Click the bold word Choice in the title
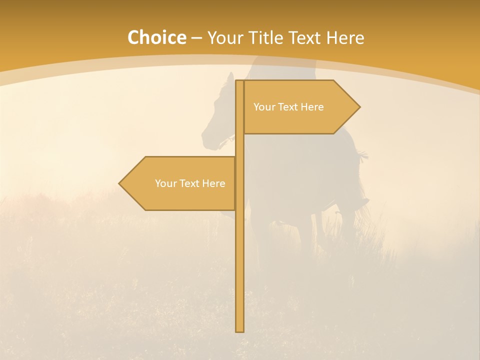tap(156, 37)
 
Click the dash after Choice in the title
tap(196, 38)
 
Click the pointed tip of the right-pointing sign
tap(359, 106)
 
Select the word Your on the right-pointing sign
tap(263, 107)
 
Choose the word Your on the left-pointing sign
tap(165, 183)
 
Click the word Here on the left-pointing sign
tap(213, 183)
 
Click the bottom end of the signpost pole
tap(239, 330)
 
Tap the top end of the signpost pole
tap(239, 81)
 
